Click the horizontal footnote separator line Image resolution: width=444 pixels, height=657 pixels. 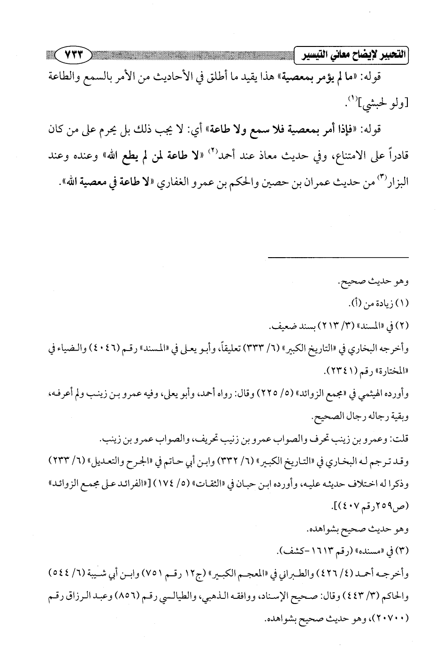339,257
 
